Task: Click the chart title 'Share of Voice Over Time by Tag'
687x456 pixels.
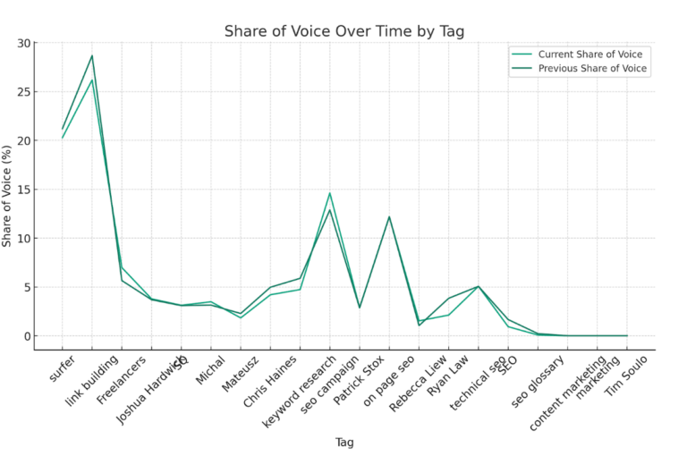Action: click(x=343, y=31)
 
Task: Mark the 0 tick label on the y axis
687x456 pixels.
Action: click(x=27, y=336)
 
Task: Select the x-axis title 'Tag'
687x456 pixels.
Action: click(x=344, y=442)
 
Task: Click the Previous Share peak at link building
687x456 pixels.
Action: click(x=91, y=55)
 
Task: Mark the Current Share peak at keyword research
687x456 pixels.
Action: click(x=330, y=193)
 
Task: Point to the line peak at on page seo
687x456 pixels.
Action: click(x=389, y=216)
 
